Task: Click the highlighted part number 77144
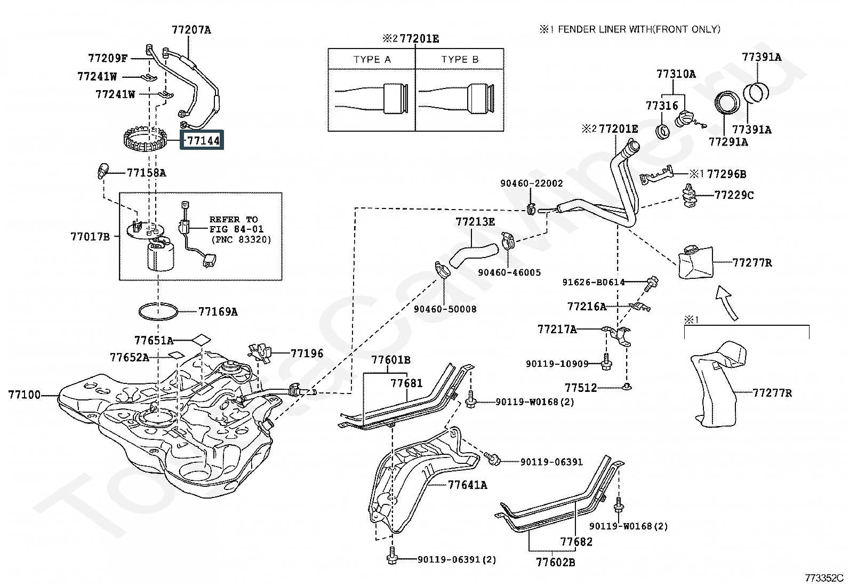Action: pos(203,141)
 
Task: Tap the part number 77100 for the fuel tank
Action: pos(24,395)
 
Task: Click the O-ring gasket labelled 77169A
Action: pos(158,311)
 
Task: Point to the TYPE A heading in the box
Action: pos(372,60)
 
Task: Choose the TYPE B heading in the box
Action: pos(460,60)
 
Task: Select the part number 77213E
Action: pos(475,221)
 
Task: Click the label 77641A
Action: pos(467,485)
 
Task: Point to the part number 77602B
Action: pos(555,562)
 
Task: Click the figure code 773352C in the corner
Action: pos(824,577)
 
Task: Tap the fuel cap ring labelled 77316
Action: pos(662,131)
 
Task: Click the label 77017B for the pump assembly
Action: pos(90,236)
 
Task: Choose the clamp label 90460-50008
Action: pos(445,309)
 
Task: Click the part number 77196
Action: pos(307,353)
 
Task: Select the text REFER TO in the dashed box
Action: pos(233,219)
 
